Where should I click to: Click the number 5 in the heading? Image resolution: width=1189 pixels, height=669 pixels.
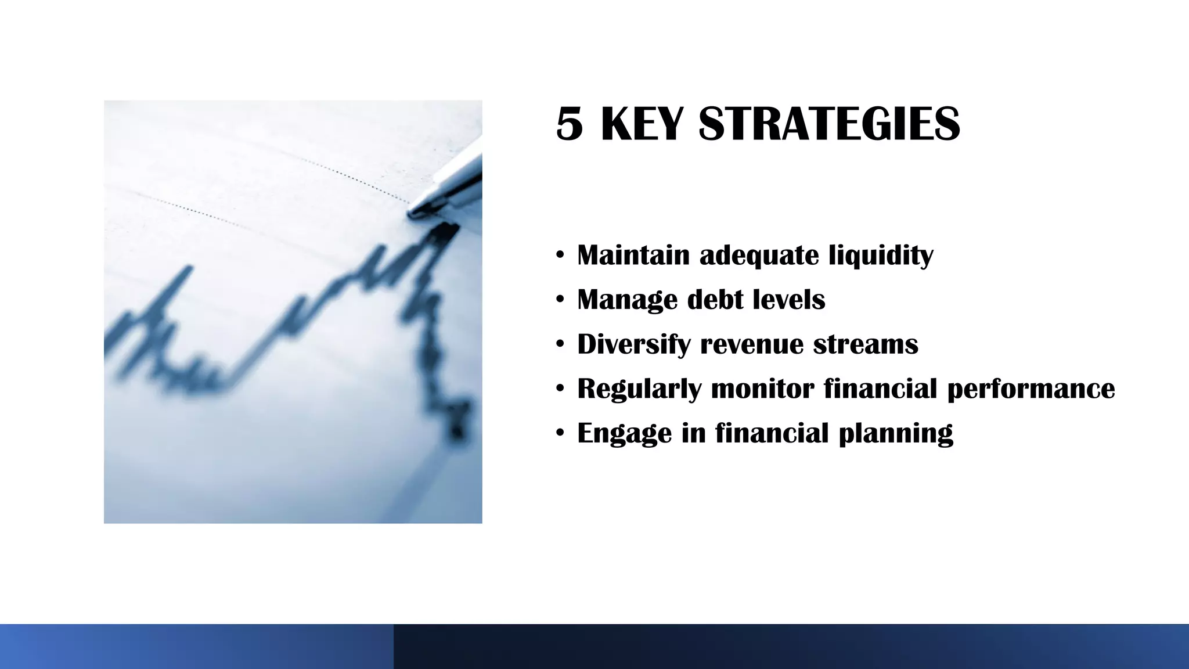click(569, 124)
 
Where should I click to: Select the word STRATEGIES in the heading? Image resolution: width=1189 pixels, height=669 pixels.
click(829, 124)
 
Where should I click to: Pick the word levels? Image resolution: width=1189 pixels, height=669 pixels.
click(789, 300)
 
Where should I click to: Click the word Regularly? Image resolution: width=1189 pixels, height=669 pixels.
click(639, 389)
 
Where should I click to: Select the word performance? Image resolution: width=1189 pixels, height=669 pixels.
click(1031, 389)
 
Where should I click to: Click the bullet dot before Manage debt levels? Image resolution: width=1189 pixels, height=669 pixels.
click(560, 300)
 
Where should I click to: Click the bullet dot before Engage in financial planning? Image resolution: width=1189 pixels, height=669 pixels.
click(560, 433)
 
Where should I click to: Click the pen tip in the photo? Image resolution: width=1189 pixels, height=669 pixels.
click(413, 213)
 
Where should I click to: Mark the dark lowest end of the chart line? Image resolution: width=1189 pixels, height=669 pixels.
click(457, 431)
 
